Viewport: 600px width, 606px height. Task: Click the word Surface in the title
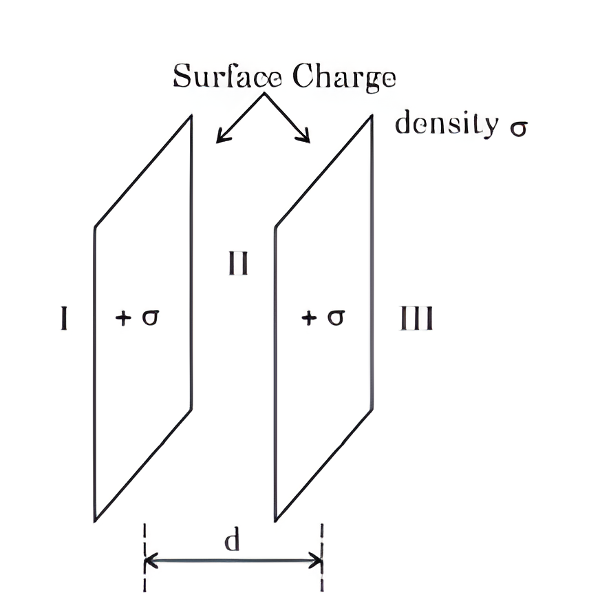(228, 76)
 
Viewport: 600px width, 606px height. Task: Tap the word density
(447, 123)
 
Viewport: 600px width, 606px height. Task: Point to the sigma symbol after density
(518, 128)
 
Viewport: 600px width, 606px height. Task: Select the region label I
(64, 318)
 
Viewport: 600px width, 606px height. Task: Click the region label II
(238, 263)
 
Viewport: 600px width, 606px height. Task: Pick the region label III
(416, 318)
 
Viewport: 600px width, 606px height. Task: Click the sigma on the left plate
(151, 317)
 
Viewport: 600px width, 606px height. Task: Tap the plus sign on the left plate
(124, 318)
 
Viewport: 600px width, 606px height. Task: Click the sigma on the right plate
(336, 317)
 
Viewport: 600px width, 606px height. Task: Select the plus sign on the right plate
(309, 318)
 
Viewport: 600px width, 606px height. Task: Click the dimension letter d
(232, 539)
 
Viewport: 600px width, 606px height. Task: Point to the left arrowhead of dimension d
(146, 561)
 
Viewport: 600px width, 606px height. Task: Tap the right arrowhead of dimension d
(321, 561)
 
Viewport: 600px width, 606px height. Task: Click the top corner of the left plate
(191, 115)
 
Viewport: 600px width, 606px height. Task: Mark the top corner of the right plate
(372, 115)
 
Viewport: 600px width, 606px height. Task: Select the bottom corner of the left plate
(95, 521)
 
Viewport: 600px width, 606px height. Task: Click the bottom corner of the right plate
(275, 521)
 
